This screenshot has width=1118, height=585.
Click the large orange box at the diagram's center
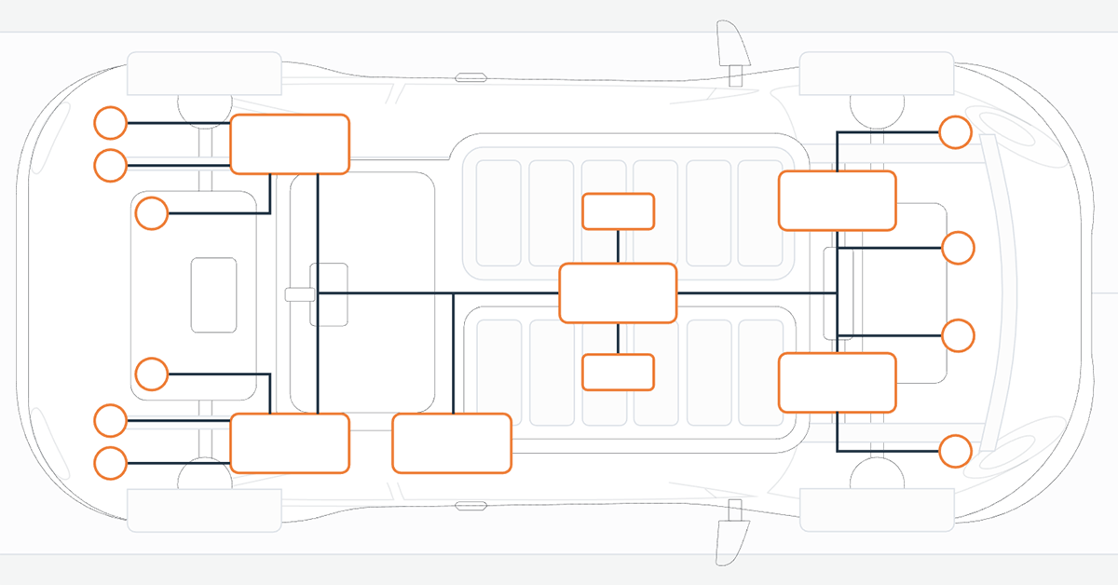point(617,293)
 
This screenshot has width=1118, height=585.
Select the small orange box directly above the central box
point(618,211)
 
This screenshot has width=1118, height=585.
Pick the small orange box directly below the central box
point(618,372)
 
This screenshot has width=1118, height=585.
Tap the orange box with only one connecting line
point(452,443)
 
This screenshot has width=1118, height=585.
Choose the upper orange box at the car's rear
point(289,143)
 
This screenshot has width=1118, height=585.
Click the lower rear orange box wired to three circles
point(289,442)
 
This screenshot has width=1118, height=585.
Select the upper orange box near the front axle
point(837,200)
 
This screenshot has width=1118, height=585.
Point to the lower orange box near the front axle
point(837,382)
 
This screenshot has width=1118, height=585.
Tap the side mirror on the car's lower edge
point(730,536)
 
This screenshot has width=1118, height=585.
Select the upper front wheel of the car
point(876,74)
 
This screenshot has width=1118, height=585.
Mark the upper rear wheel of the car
point(204,74)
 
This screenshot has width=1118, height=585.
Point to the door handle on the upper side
point(470,77)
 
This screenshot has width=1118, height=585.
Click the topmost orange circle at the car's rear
point(111,123)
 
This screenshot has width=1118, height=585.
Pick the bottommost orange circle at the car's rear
point(111,463)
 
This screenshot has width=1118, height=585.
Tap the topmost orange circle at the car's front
point(955,132)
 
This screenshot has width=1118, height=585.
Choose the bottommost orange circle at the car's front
point(955,451)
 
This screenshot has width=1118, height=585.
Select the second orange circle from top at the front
point(958,249)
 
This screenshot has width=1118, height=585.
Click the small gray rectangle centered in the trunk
point(213,294)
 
